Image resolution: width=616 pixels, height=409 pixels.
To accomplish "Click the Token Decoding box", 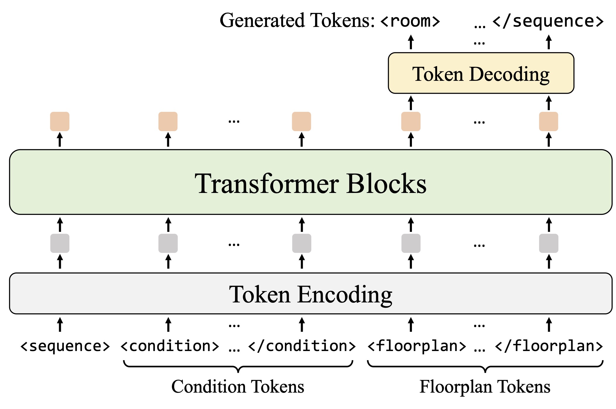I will pyautogui.click(x=481, y=73).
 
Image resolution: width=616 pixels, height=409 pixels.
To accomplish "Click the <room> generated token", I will pyautogui.click(x=410, y=21).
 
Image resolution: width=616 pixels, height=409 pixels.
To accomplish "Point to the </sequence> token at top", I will pyautogui.click(x=548, y=21).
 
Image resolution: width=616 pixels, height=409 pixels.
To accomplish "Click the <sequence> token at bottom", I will pyautogui.click(x=65, y=346).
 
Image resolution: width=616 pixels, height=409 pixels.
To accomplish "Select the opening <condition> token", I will pyautogui.click(x=170, y=346).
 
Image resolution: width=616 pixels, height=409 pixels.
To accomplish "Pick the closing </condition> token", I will pyautogui.click(x=302, y=346).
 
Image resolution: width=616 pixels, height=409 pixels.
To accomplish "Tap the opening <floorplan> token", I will pyautogui.click(x=417, y=346).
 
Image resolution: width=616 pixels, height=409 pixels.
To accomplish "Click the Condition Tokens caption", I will pyautogui.click(x=238, y=387).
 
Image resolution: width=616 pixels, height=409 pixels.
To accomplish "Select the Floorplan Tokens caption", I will pyautogui.click(x=485, y=387).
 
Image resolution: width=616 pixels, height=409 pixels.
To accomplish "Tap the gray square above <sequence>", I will pyautogui.click(x=60, y=243).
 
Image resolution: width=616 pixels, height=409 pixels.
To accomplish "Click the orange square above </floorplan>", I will pyautogui.click(x=548, y=121).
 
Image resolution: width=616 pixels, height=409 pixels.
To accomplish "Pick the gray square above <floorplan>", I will pyautogui.click(x=411, y=243).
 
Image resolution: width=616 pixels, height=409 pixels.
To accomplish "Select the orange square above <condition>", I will pyautogui.click(x=168, y=121).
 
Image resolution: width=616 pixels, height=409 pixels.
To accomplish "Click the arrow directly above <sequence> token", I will pyautogui.click(x=60, y=324).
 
